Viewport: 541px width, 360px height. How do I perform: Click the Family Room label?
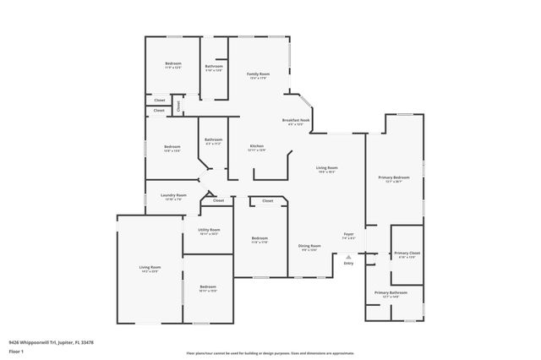tap(258, 74)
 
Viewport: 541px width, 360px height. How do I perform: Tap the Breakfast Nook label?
tap(296, 120)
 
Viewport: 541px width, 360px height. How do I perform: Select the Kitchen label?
tap(257, 146)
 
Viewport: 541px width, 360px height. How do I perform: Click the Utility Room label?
tap(209, 230)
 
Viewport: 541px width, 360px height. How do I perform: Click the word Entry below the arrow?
tap(348, 264)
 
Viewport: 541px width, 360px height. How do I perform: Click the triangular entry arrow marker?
tap(348, 256)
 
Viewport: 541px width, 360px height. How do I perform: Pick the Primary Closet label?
tap(406, 254)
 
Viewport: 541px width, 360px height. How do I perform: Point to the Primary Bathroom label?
tap(390, 293)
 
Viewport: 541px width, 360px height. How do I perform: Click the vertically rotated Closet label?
tap(179, 106)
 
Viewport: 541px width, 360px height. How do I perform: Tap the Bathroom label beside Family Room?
tap(214, 67)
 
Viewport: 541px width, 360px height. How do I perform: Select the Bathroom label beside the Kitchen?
tap(213, 139)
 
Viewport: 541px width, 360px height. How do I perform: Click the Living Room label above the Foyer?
tap(327, 168)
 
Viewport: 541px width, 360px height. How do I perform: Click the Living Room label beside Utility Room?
tap(150, 268)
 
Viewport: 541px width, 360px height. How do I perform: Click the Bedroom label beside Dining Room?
tap(260, 238)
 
